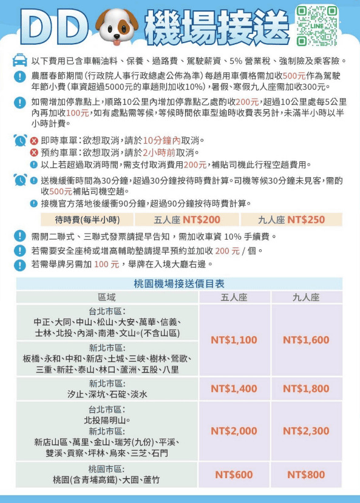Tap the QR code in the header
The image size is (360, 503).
pyautogui.click(x=316, y=25)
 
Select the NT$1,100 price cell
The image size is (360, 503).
pyautogui.click(x=234, y=340)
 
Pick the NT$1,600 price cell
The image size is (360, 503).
pyautogui.click(x=306, y=340)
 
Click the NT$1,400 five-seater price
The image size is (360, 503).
pyautogui.click(x=234, y=388)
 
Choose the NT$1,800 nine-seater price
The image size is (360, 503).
pyautogui.click(x=306, y=388)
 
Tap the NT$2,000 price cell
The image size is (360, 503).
pyautogui.click(x=234, y=431)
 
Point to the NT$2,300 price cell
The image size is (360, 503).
pyautogui.click(x=306, y=431)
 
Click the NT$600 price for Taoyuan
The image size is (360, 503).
pyautogui.click(x=234, y=474)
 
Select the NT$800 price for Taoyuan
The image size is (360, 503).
pyautogui.click(x=306, y=474)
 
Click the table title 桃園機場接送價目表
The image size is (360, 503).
pyautogui.click(x=179, y=284)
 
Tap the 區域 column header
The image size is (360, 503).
pyautogui.click(x=107, y=297)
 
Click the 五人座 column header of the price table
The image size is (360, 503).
pyautogui.click(x=234, y=297)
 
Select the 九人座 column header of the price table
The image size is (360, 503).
pyautogui.click(x=306, y=297)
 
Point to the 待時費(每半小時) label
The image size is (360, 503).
pyautogui.click(x=87, y=220)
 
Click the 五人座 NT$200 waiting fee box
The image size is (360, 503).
pyautogui.click(x=187, y=220)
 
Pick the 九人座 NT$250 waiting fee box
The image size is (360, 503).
pyautogui.click(x=291, y=220)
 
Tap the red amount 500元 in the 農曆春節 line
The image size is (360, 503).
pyautogui.click(x=294, y=76)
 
